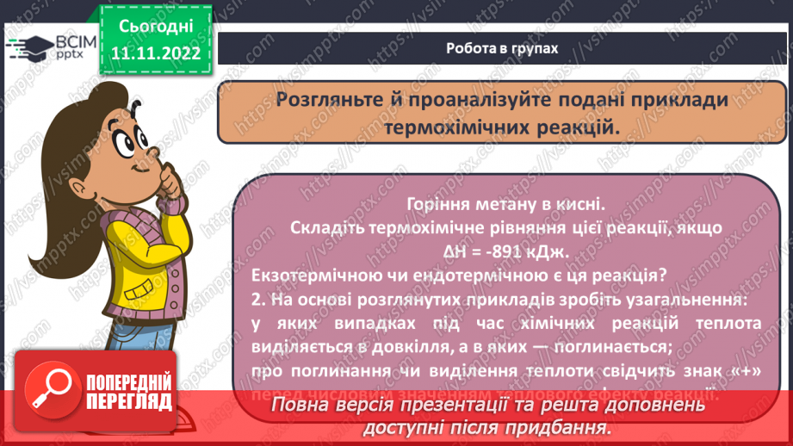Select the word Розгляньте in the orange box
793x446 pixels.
pos(326,100)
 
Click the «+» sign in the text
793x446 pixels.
pos(748,371)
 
